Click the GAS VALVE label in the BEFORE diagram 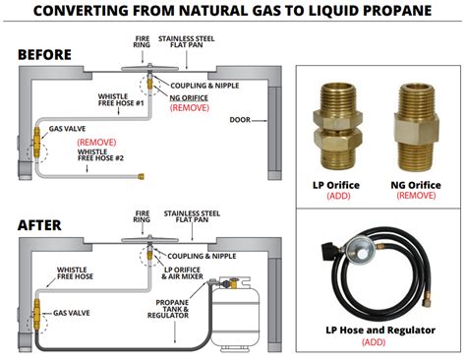(x=70, y=128)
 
